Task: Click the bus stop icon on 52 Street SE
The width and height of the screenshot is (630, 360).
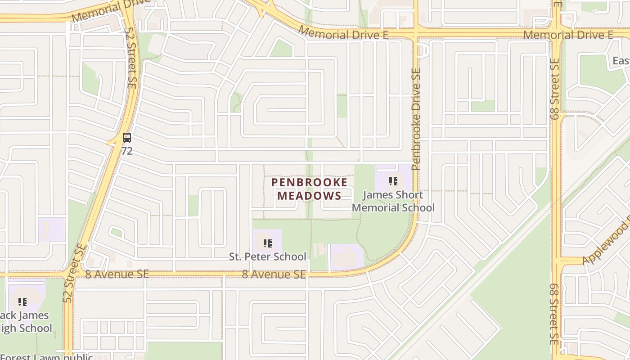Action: pyautogui.click(x=127, y=138)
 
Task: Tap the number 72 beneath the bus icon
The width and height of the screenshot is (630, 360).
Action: pyautogui.click(x=127, y=151)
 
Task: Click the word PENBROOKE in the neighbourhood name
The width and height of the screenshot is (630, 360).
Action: pyautogui.click(x=309, y=182)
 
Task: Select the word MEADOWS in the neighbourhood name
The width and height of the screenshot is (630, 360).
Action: pyautogui.click(x=309, y=196)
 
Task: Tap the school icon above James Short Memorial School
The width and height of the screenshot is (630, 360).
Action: pyautogui.click(x=393, y=182)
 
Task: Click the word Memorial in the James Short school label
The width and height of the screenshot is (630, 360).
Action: pyautogui.click(x=373, y=207)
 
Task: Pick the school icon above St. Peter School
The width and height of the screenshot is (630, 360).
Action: pyautogui.click(x=268, y=244)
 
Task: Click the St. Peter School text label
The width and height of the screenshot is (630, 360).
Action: pyautogui.click(x=268, y=256)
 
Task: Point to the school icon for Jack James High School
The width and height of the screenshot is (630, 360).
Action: pyautogui.click(x=22, y=302)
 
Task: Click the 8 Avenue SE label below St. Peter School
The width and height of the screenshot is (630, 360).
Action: pyautogui.click(x=274, y=274)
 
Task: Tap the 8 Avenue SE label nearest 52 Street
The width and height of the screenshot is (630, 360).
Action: pyautogui.click(x=117, y=274)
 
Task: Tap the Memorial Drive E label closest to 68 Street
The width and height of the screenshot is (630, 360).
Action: pyautogui.click(x=568, y=35)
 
